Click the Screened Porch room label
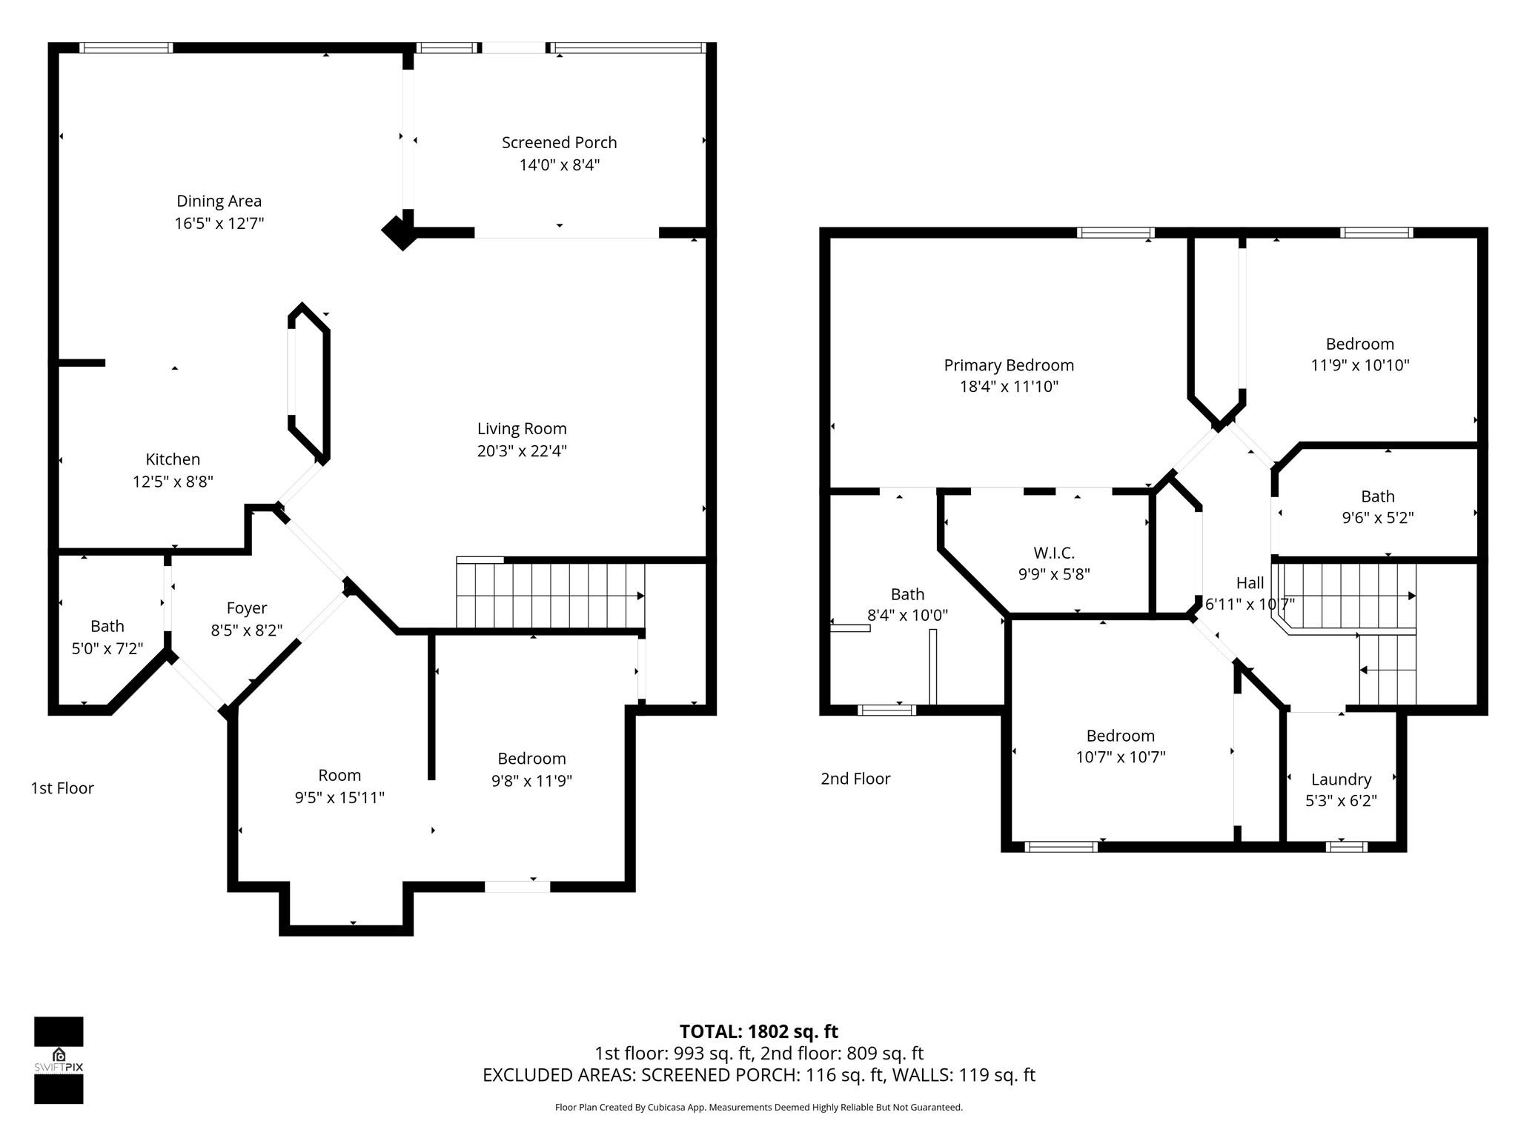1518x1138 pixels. pos(559,142)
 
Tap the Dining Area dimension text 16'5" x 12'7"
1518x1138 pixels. pos(219,223)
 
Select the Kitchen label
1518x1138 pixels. pos(173,459)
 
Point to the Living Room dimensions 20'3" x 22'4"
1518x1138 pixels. pos(522,450)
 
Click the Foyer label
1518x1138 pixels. pos(246,608)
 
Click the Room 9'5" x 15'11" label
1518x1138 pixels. pos(339,776)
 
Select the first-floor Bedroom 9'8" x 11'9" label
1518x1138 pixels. pos(531,759)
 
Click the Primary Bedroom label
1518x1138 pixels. pos(1008,365)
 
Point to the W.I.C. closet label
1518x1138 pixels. pos(1053,553)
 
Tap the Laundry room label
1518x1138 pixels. pos(1341,779)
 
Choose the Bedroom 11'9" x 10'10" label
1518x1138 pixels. pos(1359,344)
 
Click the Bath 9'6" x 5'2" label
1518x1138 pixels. pos(1377,496)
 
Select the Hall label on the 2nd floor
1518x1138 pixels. pos(1250,583)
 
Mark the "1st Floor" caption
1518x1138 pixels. pos(62,788)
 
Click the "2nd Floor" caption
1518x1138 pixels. pos(855,779)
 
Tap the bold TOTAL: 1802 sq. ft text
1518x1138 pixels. pos(758,1031)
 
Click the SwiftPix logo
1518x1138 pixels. pos(59,1060)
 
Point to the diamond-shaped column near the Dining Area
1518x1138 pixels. pos(400,232)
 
